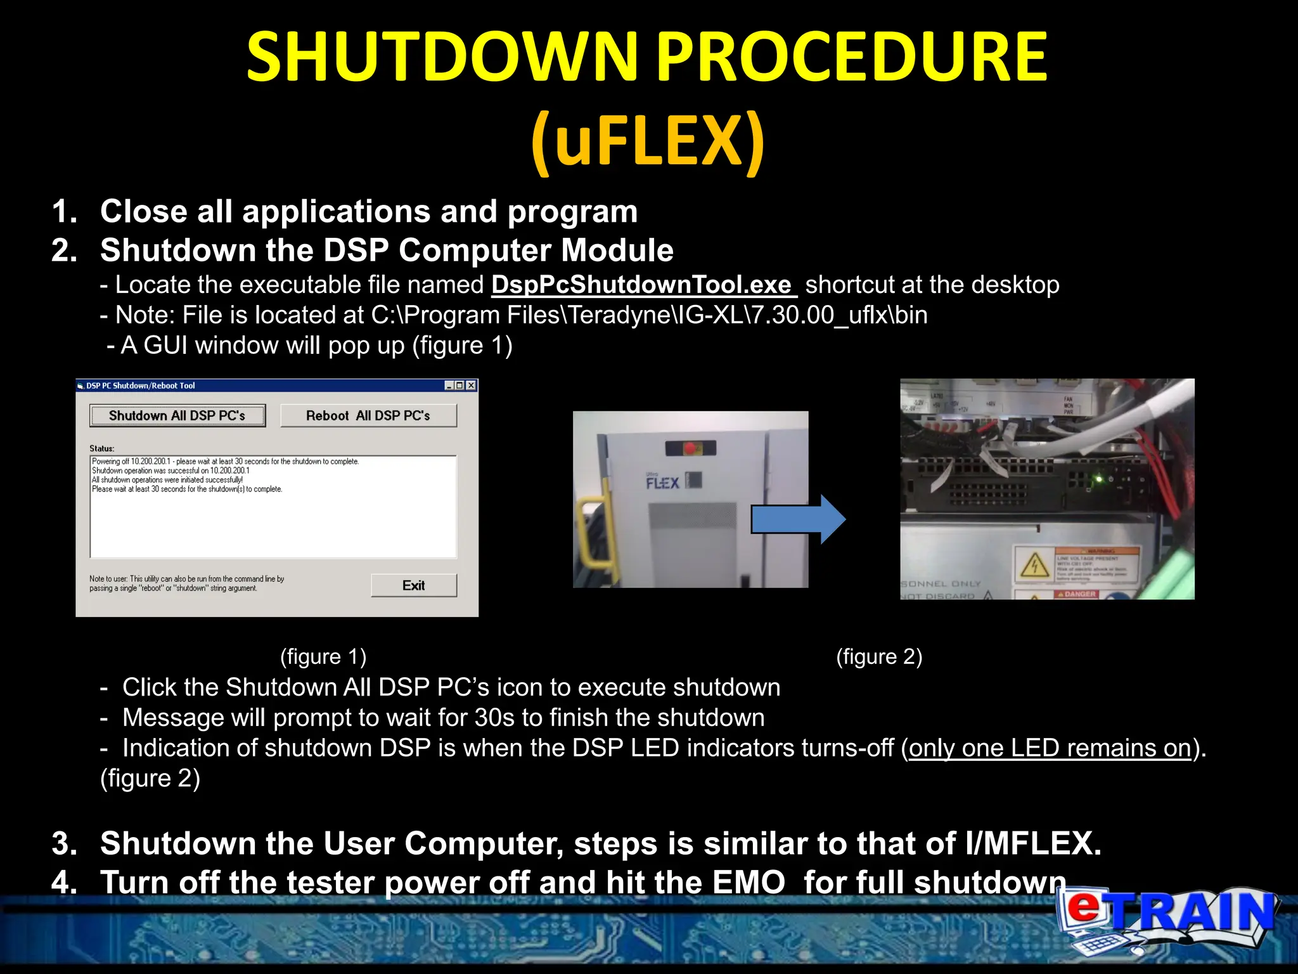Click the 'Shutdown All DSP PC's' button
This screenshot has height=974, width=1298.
(177, 416)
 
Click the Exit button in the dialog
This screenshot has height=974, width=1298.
(413, 585)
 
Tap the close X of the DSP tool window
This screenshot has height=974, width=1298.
(471, 386)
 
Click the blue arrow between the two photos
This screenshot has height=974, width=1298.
(797, 519)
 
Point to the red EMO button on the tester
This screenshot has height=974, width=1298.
(690, 449)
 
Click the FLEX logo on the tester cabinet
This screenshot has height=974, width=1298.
(662, 483)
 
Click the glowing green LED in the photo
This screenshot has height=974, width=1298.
(1100, 479)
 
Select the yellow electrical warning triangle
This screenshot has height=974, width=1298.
(1034, 564)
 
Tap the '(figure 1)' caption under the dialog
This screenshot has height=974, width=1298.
(323, 656)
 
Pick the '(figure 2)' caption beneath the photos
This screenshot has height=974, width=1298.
(879, 656)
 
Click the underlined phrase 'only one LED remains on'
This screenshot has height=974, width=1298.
(1050, 748)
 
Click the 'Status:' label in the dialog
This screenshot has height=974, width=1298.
(102, 448)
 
